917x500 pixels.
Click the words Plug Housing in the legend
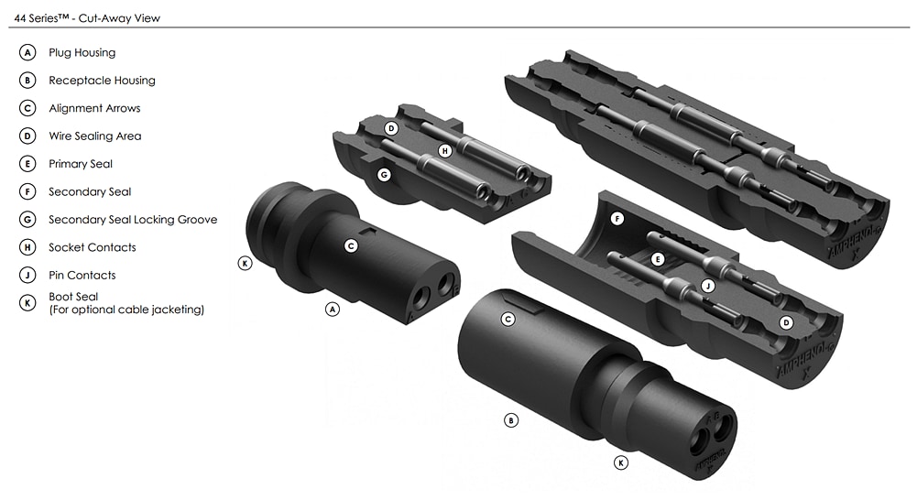pyautogui.click(x=82, y=53)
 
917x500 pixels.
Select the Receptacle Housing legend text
pyautogui.click(x=102, y=81)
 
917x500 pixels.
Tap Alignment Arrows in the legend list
pyautogui.click(x=94, y=108)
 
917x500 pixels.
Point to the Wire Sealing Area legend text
pyautogui.click(x=94, y=136)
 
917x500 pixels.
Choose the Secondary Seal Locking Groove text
pyautogui.click(x=133, y=220)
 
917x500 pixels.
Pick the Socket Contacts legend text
pyautogui.click(x=92, y=247)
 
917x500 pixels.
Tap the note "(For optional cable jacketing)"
pyautogui.click(x=126, y=310)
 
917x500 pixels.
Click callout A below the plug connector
pyautogui.click(x=333, y=310)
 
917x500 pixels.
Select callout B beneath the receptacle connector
pyautogui.click(x=511, y=420)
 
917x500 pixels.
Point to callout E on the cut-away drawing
pyautogui.click(x=656, y=260)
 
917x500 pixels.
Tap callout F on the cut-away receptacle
pyautogui.click(x=617, y=220)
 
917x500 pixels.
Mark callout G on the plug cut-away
pyautogui.click(x=384, y=173)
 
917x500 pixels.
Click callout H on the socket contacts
pyautogui.click(x=444, y=150)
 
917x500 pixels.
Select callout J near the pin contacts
pyautogui.click(x=706, y=287)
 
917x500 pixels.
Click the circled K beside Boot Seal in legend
pyautogui.click(x=27, y=303)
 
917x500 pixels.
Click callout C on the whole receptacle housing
pyautogui.click(x=508, y=319)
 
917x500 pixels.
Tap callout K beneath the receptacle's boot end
pyautogui.click(x=621, y=463)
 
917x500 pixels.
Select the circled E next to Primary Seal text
pyautogui.click(x=27, y=164)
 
